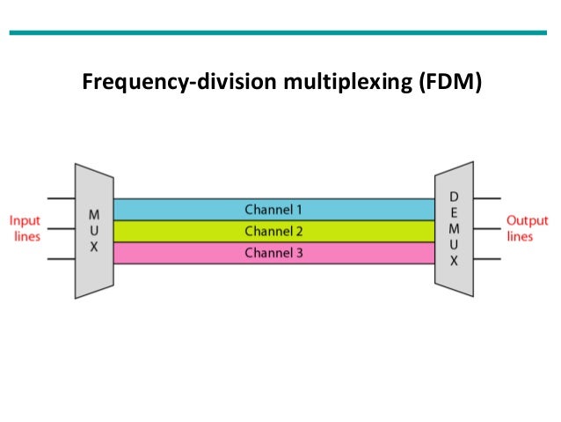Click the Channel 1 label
[x=273, y=210]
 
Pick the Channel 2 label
[x=273, y=231]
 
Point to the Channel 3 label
[x=273, y=253]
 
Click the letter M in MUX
[x=94, y=215]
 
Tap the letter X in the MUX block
[x=94, y=248]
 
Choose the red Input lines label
[x=25, y=228]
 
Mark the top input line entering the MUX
[x=61, y=199]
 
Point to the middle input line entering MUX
[x=61, y=229]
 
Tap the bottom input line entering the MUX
[x=61, y=260]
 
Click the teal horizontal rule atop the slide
[x=280, y=33]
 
